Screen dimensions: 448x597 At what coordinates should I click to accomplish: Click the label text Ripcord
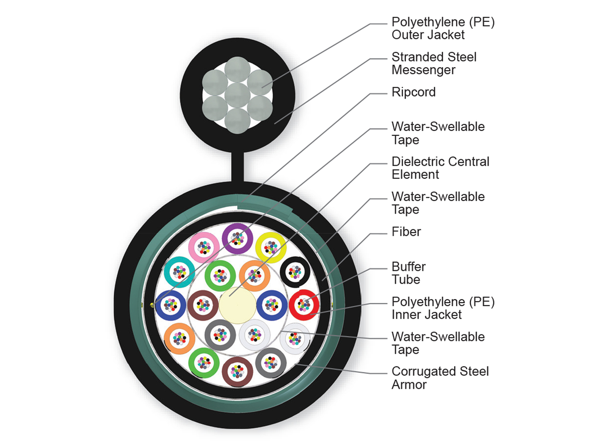[413, 92]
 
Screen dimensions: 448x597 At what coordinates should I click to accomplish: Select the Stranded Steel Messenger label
[434, 64]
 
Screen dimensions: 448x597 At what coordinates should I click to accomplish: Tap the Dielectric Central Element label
[440, 168]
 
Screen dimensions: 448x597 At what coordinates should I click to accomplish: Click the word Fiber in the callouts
[406, 231]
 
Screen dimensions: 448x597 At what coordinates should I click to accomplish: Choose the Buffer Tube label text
[408, 273]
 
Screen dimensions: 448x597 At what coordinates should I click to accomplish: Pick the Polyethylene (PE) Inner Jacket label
[443, 308]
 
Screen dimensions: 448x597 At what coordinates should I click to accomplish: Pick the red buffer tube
[304, 304]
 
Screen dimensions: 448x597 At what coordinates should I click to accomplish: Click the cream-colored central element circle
[237, 304]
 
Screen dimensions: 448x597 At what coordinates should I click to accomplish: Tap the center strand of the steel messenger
[237, 95]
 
